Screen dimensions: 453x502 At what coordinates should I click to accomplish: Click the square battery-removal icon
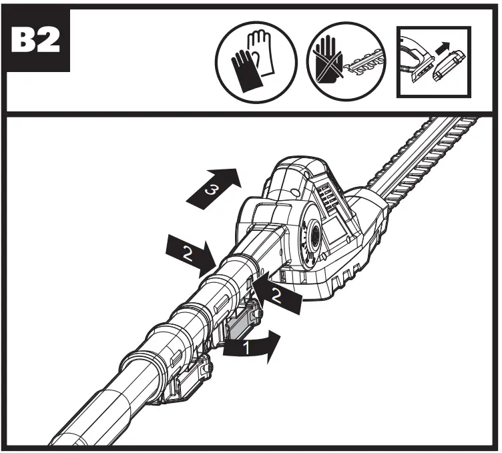433,61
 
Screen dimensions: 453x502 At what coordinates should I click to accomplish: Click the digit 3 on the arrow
211,190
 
